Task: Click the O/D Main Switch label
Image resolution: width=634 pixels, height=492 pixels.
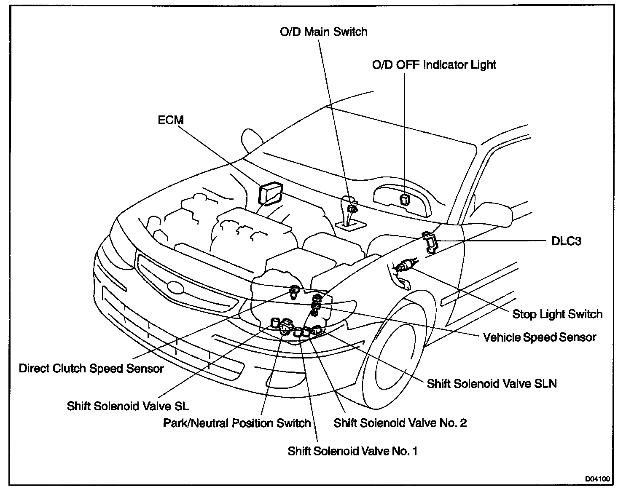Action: pos(323,32)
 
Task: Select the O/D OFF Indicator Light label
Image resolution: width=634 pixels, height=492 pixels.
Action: pos(434,65)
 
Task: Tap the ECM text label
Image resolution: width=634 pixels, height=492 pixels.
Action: pos(171,120)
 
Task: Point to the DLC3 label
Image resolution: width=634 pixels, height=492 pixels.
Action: pos(566,241)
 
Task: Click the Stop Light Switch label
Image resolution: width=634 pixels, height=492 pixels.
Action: pos(557,314)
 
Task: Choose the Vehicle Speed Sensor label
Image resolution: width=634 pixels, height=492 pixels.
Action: pos(540,337)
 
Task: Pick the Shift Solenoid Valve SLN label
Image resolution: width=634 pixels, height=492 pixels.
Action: pos(492,384)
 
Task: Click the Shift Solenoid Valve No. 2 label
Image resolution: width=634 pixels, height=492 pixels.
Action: pos(400,423)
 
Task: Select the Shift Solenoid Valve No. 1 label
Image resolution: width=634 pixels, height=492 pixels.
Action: pos(352,452)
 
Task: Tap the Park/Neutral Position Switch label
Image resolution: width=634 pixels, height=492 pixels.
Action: pos(237,423)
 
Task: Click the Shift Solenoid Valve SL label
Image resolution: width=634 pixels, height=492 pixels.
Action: pos(128,406)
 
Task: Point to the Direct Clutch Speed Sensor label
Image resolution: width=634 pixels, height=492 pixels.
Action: pos(91,369)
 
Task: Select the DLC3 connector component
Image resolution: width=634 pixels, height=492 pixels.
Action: pos(430,243)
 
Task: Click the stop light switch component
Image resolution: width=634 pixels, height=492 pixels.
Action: pos(406,266)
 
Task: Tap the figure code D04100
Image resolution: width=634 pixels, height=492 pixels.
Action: pos(597,479)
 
